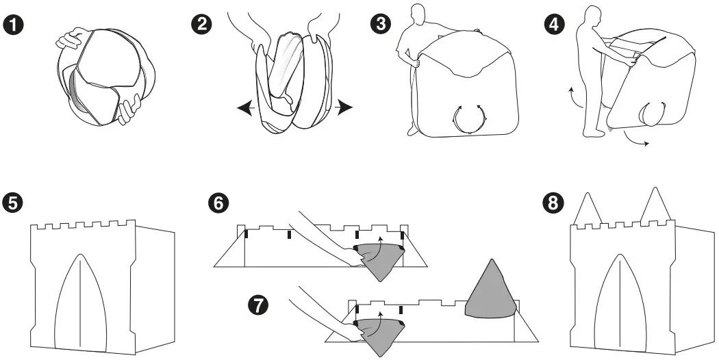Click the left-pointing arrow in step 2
tap(244, 107)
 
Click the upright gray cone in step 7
tap(490, 291)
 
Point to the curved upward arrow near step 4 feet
tap(571, 98)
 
